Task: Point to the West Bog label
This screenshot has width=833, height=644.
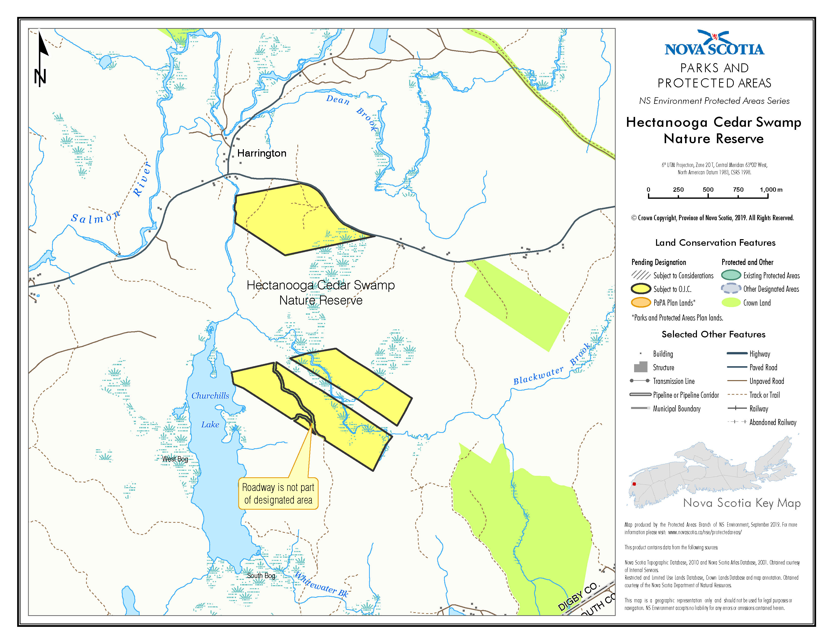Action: pos(175,459)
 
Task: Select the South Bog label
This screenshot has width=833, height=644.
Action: pos(261,576)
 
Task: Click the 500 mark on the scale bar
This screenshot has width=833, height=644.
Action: pos(708,190)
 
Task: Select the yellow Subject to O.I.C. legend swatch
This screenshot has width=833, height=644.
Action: pos(641,289)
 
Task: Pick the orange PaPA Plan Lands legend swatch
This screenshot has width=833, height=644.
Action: pos(641,303)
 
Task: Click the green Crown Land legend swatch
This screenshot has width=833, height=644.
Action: pos(731,303)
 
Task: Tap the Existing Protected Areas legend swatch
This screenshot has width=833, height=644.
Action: pos(731,275)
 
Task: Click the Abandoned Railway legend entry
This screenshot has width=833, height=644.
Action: pos(772,422)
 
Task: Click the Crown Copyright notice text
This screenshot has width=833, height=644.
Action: pos(712,218)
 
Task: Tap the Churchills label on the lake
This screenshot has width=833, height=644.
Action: pos(210,396)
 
